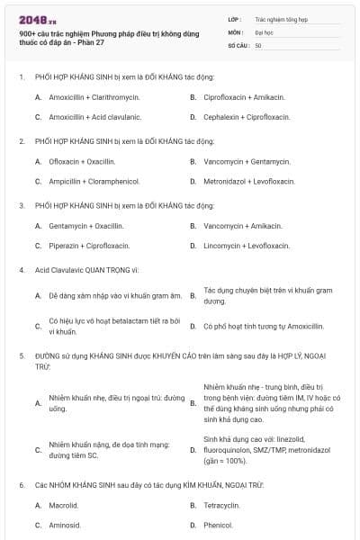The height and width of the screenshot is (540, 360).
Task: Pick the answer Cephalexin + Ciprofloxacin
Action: tap(247, 117)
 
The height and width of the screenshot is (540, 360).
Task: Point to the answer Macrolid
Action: tap(64, 505)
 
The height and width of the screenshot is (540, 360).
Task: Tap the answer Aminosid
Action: tap(65, 525)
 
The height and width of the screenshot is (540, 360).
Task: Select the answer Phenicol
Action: tap(218, 525)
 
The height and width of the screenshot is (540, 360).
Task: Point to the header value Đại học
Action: tap(264, 31)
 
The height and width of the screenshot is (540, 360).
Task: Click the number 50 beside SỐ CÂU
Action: tap(258, 45)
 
